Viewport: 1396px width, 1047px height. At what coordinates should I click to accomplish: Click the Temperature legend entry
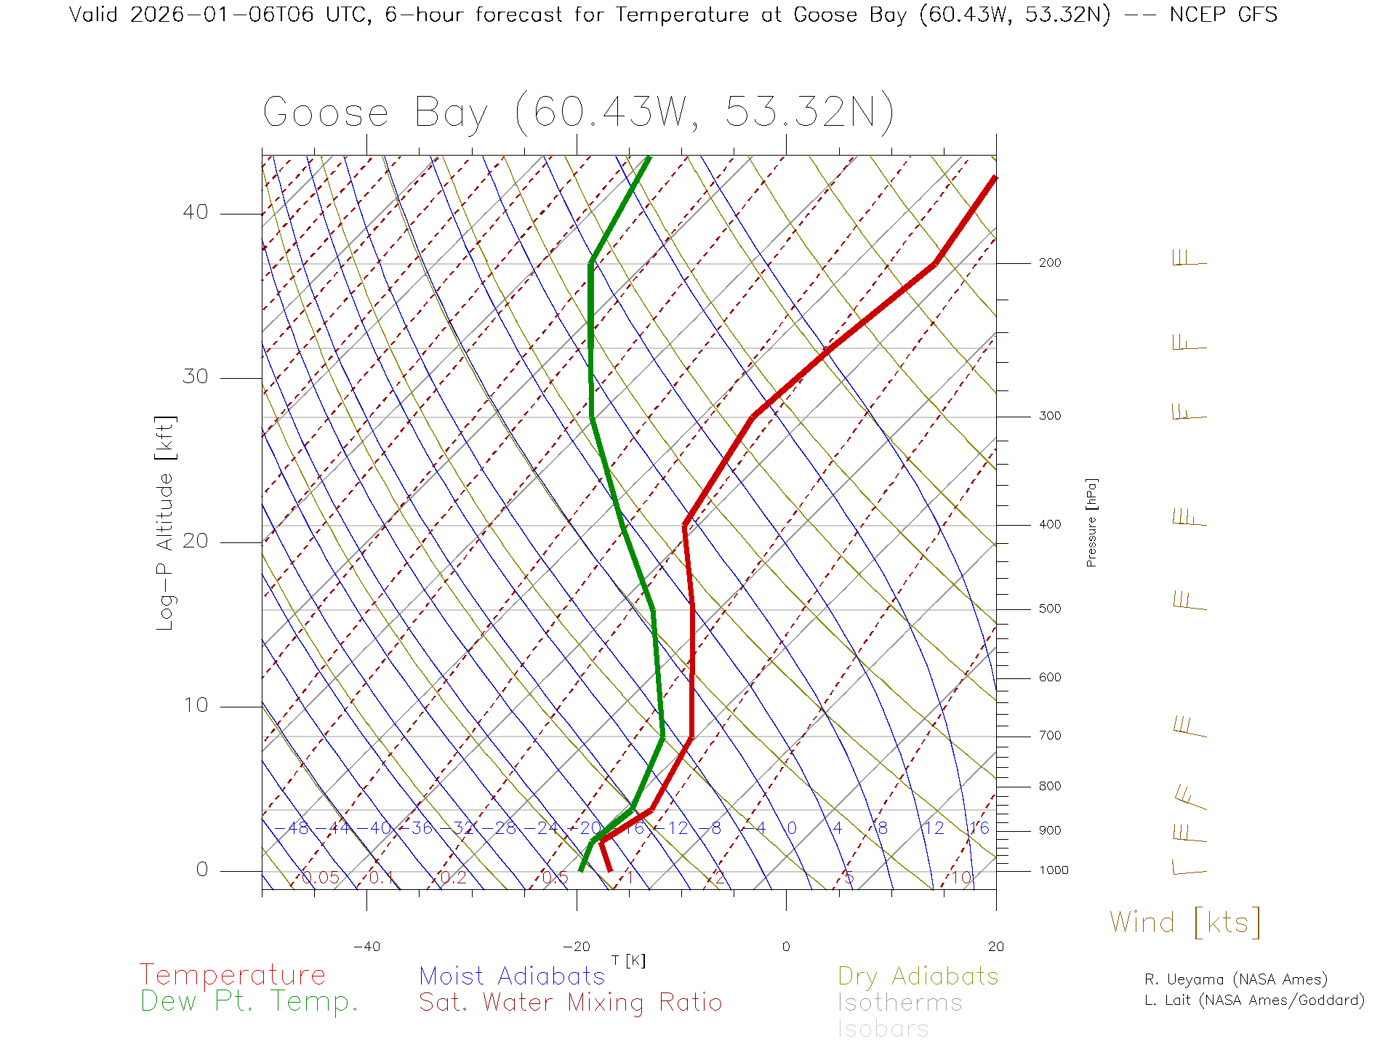coord(232,975)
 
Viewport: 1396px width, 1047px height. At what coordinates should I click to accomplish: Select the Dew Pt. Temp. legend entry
coord(249,1002)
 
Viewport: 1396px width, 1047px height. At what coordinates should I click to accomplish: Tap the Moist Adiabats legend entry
coord(512,976)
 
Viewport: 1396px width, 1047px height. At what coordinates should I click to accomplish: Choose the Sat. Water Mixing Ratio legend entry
coord(570,1003)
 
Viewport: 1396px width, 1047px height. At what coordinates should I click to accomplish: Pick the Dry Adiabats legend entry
coord(918,976)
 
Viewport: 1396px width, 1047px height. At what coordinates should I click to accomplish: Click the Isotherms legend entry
coord(899,1003)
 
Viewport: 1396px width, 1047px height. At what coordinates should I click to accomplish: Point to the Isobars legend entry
coord(883,1029)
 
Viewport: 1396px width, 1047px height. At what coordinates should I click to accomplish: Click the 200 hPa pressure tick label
coord(1049,263)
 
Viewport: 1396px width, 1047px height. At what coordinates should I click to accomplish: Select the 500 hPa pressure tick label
coord(1049,609)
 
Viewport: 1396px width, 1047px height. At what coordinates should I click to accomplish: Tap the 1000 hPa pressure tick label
coord(1054,870)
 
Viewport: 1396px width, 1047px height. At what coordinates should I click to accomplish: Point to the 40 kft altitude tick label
coord(195,212)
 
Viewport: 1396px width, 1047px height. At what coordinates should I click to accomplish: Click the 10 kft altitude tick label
coord(195,705)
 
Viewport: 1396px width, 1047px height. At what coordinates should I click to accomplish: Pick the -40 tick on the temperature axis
coord(366,947)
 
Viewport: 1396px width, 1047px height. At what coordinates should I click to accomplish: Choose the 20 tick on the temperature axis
coord(995,947)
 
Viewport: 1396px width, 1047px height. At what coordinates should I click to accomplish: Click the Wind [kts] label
coord(1184,923)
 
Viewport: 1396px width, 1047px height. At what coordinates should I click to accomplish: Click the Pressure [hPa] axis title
coord(1091,522)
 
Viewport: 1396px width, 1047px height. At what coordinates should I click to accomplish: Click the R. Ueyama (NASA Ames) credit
coord(1235,979)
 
